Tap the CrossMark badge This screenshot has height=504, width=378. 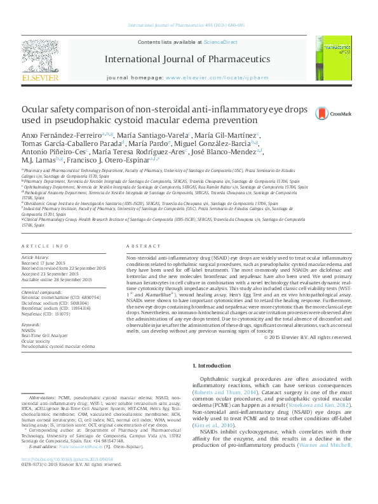[x=341, y=114]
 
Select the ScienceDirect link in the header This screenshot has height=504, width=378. [x=220, y=42]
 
